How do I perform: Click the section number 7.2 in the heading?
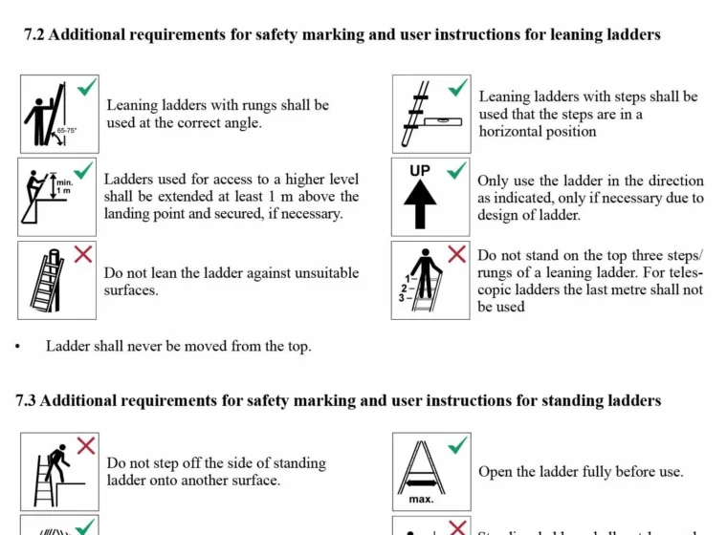point(34,35)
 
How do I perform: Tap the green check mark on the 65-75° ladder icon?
point(87,88)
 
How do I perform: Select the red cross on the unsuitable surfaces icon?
point(84,253)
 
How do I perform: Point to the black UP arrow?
point(420,204)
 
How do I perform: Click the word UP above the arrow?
point(420,171)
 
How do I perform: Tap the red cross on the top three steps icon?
point(457,254)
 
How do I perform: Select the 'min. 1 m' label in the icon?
point(64,185)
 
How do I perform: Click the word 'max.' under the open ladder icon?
point(421,499)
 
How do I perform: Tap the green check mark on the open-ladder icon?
point(458,445)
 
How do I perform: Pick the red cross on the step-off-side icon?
point(86,445)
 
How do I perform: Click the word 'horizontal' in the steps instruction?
point(514,132)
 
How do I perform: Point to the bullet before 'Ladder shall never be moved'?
point(17,347)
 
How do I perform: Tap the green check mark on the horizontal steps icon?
point(458,88)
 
